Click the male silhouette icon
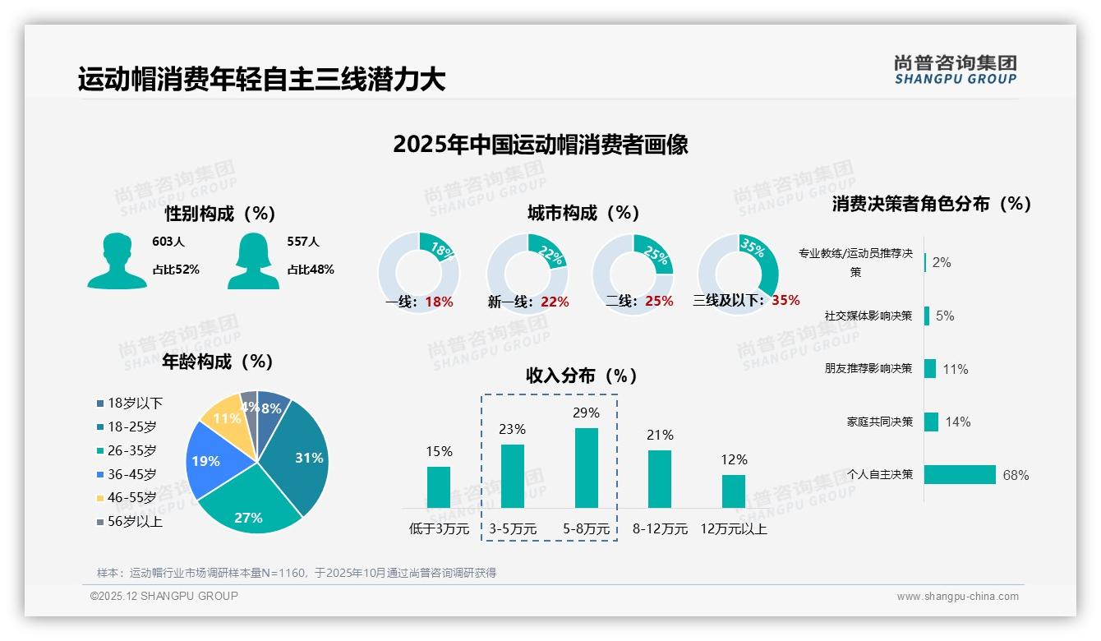pos(117,261)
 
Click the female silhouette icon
pos(253,261)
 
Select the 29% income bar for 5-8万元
pos(586,468)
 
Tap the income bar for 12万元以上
pos(734,491)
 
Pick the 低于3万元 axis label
pos(439,529)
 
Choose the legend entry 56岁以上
pos(130,522)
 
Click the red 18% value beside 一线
pos(439,302)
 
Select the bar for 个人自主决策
pos(960,474)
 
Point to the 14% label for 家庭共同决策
pos(957,422)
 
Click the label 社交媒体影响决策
pos(868,316)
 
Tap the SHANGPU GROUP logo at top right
pos(955,69)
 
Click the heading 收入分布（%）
pos(582,376)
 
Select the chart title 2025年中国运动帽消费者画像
pos(540,145)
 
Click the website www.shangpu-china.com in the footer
pos(957,597)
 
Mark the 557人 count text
pos(302,242)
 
